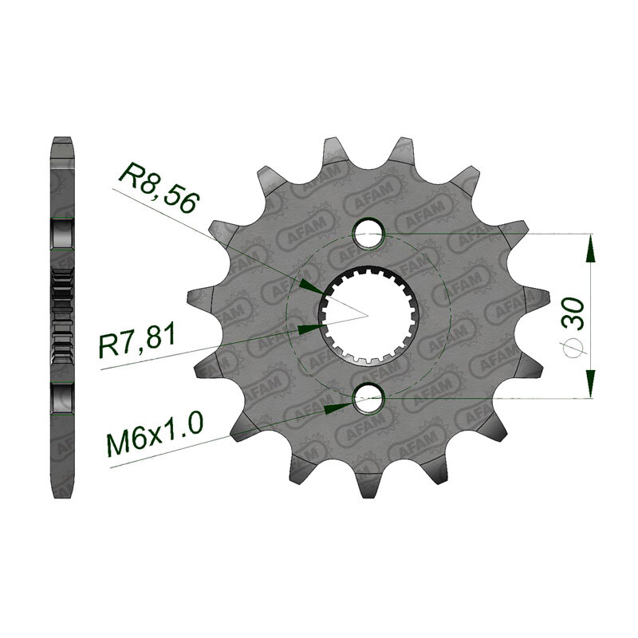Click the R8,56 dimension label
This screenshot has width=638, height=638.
159,187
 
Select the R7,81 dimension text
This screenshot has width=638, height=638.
136,341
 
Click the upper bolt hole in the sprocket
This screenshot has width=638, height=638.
368,234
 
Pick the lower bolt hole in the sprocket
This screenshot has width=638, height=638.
368,398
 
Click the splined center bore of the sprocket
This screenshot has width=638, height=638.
368,315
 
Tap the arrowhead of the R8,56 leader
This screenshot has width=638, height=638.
311,286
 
